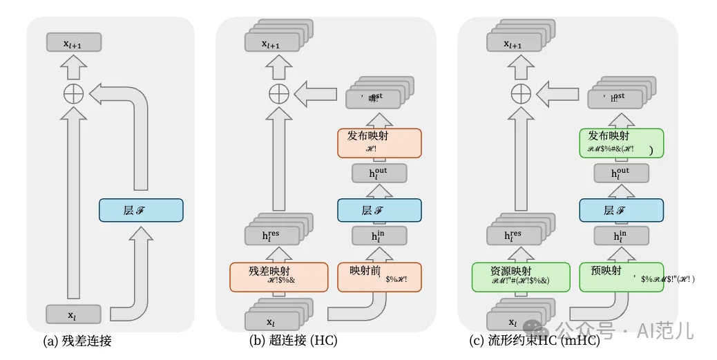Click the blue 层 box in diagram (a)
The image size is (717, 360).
pyautogui.click(x=141, y=210)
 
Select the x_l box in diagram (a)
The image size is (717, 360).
pyautogui.click(x=73, y=314)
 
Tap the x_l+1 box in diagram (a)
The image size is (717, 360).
pyautogui.click(x=73, y=43)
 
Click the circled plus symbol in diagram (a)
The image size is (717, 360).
pyautogui.click(x=73, y=93)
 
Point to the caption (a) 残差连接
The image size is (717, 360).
pyautogui.click(x=77, y=340)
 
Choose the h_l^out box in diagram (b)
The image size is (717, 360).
pyautogui.click(x=374, y=173)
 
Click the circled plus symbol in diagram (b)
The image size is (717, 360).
pyautogui.click(x=278, y=93)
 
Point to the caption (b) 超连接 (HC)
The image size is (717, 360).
pyautogui.click(x=293, y=340)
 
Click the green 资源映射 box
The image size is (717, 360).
pyautogui.click(x=520, y=276)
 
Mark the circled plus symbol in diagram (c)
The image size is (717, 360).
pyautogui.click(x=520, y=93)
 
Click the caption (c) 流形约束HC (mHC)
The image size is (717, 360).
pyautogui.click(x=533, y=340)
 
